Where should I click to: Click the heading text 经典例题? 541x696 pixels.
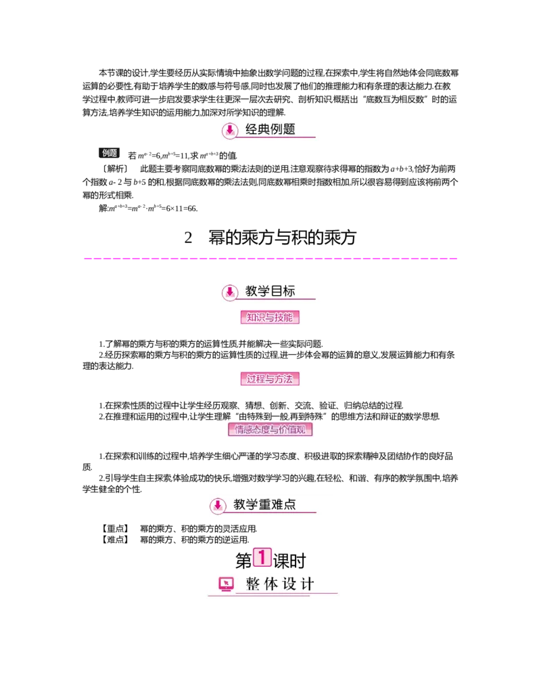pos(270,129)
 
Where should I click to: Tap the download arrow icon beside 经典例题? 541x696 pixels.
pos(230,130)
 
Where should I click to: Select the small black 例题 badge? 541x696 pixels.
pos(110,154)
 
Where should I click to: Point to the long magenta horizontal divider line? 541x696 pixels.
pos(270,257)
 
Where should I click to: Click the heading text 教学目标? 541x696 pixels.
pos(270,292)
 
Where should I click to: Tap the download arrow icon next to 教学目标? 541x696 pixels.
pos(230,292)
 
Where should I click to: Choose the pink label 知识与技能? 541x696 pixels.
pos(270,318)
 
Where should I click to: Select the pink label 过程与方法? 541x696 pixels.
pos(270,379)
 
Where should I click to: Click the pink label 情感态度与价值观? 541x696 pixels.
pos(272,430)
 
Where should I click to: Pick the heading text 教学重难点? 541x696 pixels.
pos(264,504)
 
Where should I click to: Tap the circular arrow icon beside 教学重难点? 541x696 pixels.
pos(217,506)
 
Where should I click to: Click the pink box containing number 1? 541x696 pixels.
pos(262,558)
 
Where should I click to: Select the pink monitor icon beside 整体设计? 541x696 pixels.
pos(226,584)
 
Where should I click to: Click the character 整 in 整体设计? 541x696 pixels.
pos(253,584)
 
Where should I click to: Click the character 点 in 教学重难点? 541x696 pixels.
pos(289,504)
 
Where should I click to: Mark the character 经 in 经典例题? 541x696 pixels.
pos(252,129)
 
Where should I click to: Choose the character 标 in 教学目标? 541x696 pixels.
pos(289,292)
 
